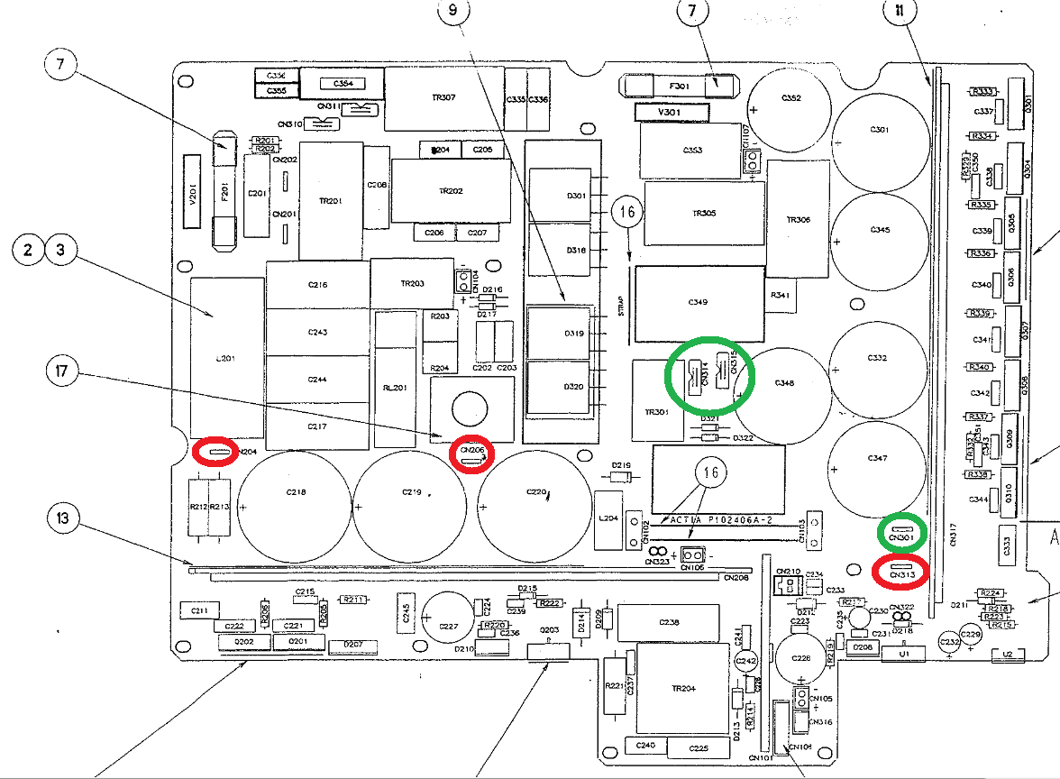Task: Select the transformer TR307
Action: tap(443, 98)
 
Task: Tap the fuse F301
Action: tap(681, 86)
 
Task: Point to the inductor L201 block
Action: tap(226, 356)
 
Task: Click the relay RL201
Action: tap(393, 388)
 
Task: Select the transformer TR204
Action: tap(683, 688)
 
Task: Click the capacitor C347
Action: tap(878, 460)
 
